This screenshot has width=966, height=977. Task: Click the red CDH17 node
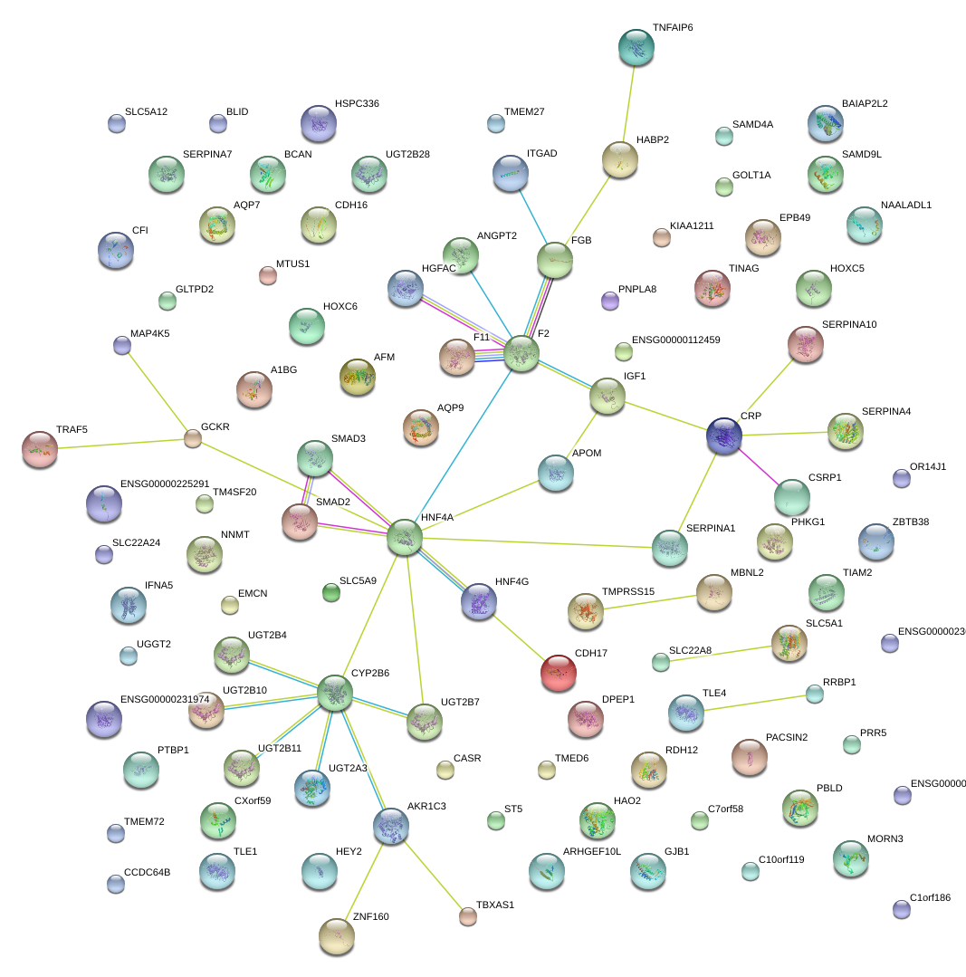tap(558, 672)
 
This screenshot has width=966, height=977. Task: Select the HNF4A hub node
tap(405, 537)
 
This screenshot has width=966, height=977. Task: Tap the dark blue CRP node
tap(724, 436)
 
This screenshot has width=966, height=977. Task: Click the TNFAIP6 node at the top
tap(636, 48)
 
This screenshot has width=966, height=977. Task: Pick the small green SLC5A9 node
tap(331, 593)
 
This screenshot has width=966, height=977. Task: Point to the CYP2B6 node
tap(335, 694)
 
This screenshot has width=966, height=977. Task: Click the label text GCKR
tap(215, 426)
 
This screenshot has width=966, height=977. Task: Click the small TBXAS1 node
tap(468, 916)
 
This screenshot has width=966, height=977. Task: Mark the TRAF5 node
tap(39, 449)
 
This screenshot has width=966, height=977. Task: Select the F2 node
tap(521, 353)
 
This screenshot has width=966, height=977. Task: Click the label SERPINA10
tap(849, 324)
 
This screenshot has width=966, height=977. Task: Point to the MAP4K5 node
tap(122, 344)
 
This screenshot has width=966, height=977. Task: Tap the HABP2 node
tap(620, 159)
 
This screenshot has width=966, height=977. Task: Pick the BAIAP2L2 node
tap(825, 123)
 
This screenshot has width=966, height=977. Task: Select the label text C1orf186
tap(931, 897)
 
